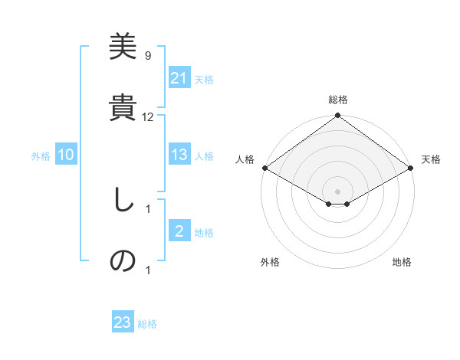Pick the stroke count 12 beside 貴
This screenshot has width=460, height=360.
[x=148, y=117]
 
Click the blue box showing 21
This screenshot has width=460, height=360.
[x=179, y=78]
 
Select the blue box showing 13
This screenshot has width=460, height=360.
[x=179, y=155]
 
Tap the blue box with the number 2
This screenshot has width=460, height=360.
[x=179, y=231]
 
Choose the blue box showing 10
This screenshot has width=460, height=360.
[x=66, y=155]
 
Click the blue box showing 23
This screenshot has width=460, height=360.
[x=123, y=323]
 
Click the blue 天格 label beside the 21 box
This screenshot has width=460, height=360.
[x=204, y=79]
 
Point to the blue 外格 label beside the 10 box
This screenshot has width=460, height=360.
[x=41, y=155]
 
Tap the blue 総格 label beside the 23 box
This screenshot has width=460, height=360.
[x=147, y=324]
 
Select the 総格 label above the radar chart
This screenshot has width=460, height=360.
[x=338, y=100]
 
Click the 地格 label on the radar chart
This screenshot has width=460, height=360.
[x=402, y=262]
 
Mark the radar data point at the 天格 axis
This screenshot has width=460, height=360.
[x=412, y=168]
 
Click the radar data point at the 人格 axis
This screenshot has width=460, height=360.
[x=264, y=168]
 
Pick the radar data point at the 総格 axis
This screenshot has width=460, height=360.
[x=338, y=116]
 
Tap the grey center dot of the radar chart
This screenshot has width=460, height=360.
[x=338, y=191]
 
